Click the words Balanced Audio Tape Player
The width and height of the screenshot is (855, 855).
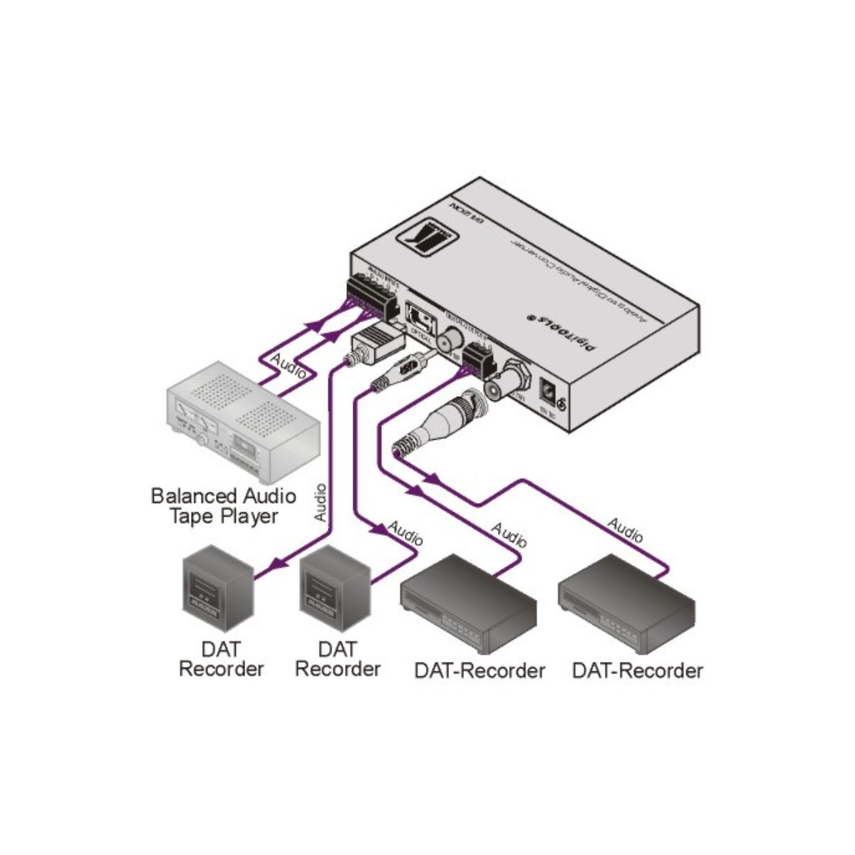[223, 505]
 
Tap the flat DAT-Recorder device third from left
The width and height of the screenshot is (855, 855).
[467, 606]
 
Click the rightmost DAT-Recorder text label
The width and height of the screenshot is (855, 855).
[637, 670]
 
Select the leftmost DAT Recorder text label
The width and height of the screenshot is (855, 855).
[221, 659]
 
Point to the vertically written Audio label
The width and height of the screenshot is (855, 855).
[320, 502]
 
